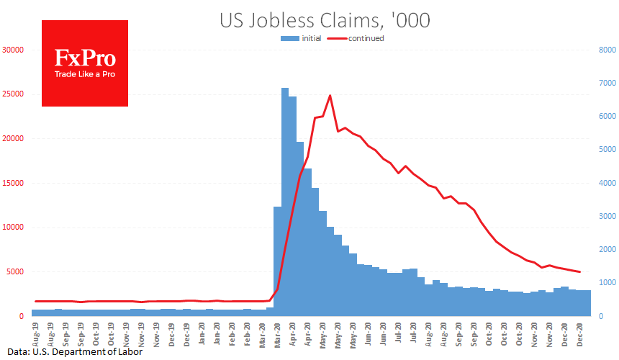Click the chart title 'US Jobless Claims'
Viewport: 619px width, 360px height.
point(325,20)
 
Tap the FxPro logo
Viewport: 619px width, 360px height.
point(85,63)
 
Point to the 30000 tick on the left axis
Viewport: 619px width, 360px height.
point(13,50)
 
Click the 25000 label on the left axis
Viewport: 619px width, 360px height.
point(13,94)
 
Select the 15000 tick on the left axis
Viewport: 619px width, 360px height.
point(13,184)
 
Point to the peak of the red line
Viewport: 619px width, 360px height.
point(330,95)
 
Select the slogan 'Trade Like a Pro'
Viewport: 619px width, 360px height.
point(85,74)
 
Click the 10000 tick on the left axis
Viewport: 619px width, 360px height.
point(13,228)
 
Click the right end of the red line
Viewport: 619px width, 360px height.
point(580,271)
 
